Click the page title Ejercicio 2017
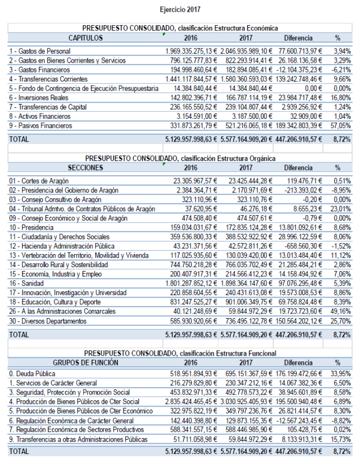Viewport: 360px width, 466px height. coord(180,9)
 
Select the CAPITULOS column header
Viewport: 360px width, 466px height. coord(85,38)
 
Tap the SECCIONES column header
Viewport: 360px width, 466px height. coord(85,168)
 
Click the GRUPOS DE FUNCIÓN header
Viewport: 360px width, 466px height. coord(85,362)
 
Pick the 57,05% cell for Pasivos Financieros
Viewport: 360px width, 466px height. coord(342,126)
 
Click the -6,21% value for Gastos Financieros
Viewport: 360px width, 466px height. coord(342,70)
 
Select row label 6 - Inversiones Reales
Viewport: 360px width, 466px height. coord(40,98)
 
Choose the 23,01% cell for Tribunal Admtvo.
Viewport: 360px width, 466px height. coord(342,209)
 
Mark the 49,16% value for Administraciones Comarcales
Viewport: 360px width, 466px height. coord(342,311)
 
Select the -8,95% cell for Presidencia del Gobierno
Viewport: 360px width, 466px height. coord(342,190)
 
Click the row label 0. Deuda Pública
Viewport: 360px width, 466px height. coord(33,373)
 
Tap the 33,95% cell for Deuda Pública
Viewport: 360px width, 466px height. coord(342,373)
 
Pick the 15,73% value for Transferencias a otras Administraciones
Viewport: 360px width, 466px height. coord(342,439)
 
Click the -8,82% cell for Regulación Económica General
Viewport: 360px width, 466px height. coord(342,420)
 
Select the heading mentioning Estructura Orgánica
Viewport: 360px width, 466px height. coord(180,158)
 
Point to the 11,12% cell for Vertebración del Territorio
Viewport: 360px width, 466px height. coord(342,255)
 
